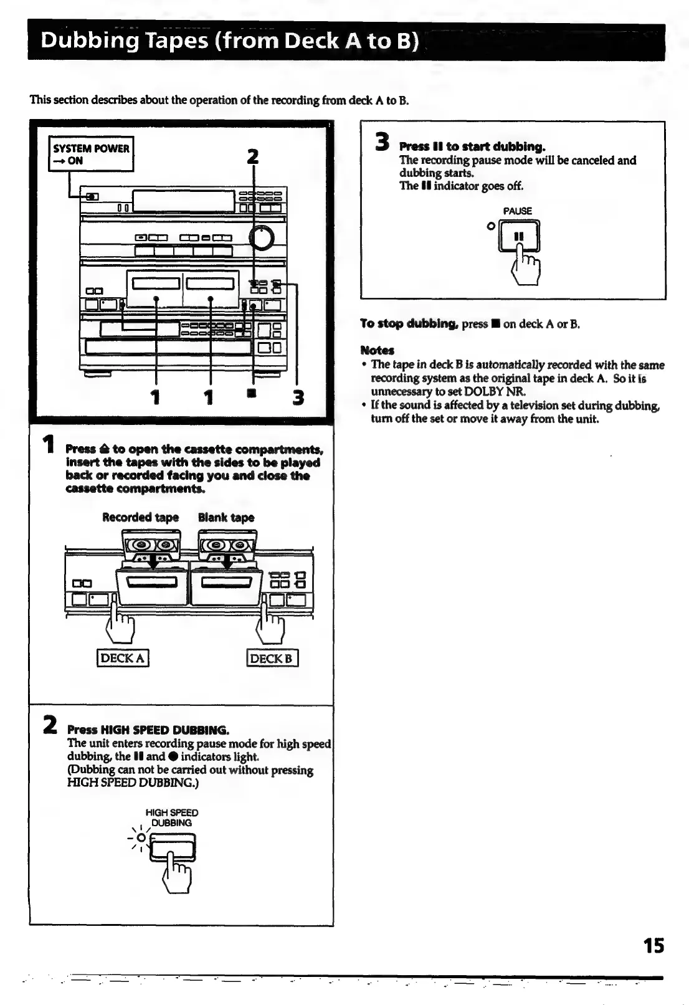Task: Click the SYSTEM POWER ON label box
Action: coord(91,154)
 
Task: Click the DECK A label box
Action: coord(123,658)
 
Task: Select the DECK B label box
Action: coord(272,658)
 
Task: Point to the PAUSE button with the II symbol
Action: coord(520,237)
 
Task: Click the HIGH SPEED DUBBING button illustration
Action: coord(174,849)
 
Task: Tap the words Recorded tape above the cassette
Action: coord(140,517)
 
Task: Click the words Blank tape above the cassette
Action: coord(226,517)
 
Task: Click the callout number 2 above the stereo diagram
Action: coord(252,156)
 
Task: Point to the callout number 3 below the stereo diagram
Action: coord(298,397)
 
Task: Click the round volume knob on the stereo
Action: coord(262,238)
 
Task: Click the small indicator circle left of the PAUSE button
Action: coord(491,226)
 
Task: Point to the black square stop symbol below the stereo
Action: coord(252,394)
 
